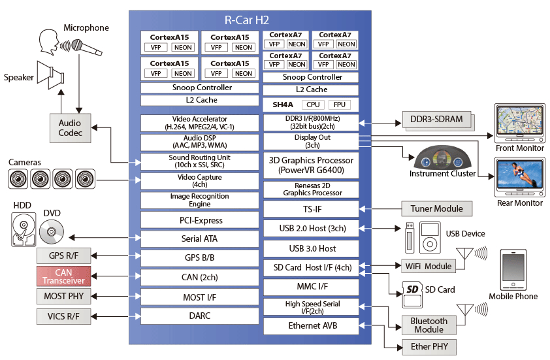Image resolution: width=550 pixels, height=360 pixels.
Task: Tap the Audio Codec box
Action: coord(69,127)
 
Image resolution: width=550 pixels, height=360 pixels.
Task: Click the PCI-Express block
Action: coord(201,220)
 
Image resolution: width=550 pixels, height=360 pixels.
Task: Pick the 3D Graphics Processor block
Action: coord(311,165)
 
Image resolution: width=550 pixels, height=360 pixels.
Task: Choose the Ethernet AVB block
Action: coord(311,325)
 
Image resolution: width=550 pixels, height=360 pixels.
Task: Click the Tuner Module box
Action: coord(436,209)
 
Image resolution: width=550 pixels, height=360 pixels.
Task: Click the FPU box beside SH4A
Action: coord(339,105)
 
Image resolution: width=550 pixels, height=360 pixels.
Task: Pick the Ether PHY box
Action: coord(429,346)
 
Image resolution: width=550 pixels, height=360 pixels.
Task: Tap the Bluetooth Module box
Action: coord(429,325)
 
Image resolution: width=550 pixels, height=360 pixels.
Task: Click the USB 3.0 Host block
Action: coord(311,248)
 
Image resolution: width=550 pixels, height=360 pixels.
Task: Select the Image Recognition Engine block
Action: coord(201,201)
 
